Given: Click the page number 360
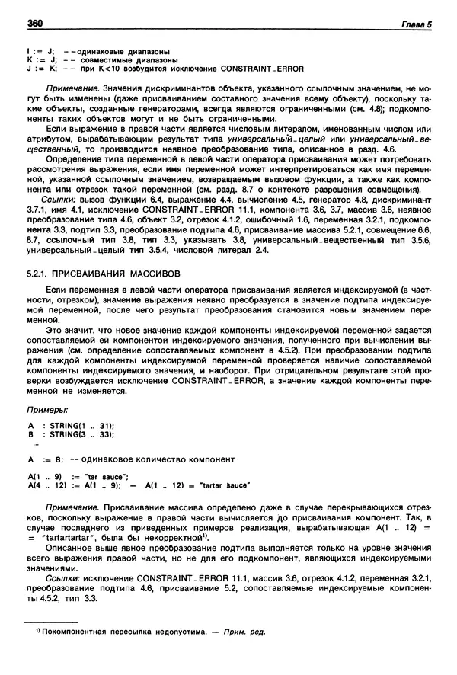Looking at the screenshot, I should pos(34,24).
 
